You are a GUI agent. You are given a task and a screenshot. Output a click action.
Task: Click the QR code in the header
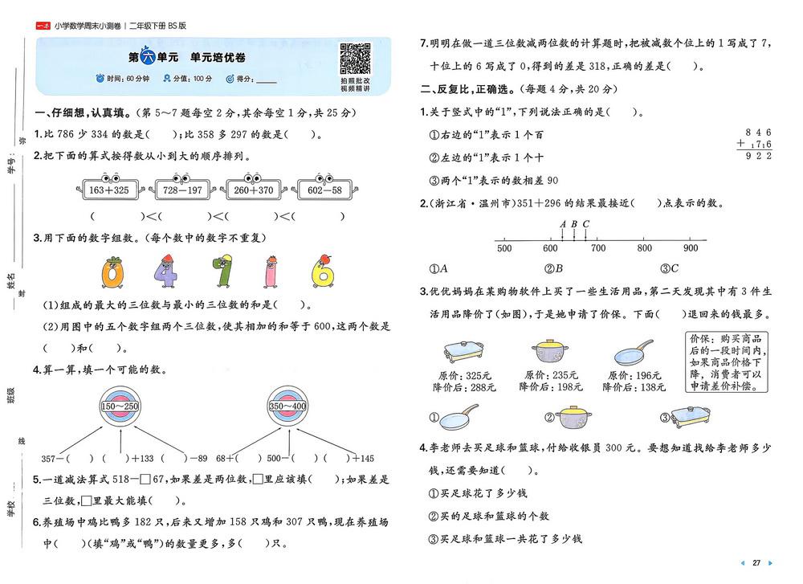[355, 59]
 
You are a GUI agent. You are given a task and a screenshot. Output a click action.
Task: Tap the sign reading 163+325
[109, 189]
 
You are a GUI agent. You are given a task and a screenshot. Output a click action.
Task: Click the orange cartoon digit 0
[112, 272]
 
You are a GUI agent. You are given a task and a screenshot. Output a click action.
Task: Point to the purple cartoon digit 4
[165, 272]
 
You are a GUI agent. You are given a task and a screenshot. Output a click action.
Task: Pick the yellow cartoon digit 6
[323, 271]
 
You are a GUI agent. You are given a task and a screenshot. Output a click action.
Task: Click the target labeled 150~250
[120, 406]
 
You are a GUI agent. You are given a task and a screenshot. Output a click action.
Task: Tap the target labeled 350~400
[287, 406]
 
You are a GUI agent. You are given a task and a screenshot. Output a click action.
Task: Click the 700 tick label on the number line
[598, 248]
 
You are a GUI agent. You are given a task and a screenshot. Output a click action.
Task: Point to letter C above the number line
[586, 224]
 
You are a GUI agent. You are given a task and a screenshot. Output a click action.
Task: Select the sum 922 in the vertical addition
[759, 156]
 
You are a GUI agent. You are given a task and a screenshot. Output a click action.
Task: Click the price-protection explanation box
[727, 362]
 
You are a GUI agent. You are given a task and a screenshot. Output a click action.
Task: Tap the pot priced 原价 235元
[550, 351]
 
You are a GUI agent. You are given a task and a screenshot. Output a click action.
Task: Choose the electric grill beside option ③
[691, 417]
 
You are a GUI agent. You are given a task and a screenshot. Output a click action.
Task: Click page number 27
[756, 562]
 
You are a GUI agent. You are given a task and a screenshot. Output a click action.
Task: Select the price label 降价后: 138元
[634, 387]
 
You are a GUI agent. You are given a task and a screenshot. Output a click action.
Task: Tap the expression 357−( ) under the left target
[67, 459]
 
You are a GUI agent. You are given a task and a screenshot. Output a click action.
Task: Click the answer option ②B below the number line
[553, 268]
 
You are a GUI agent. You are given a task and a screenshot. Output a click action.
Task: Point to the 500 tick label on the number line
[504, 248]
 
